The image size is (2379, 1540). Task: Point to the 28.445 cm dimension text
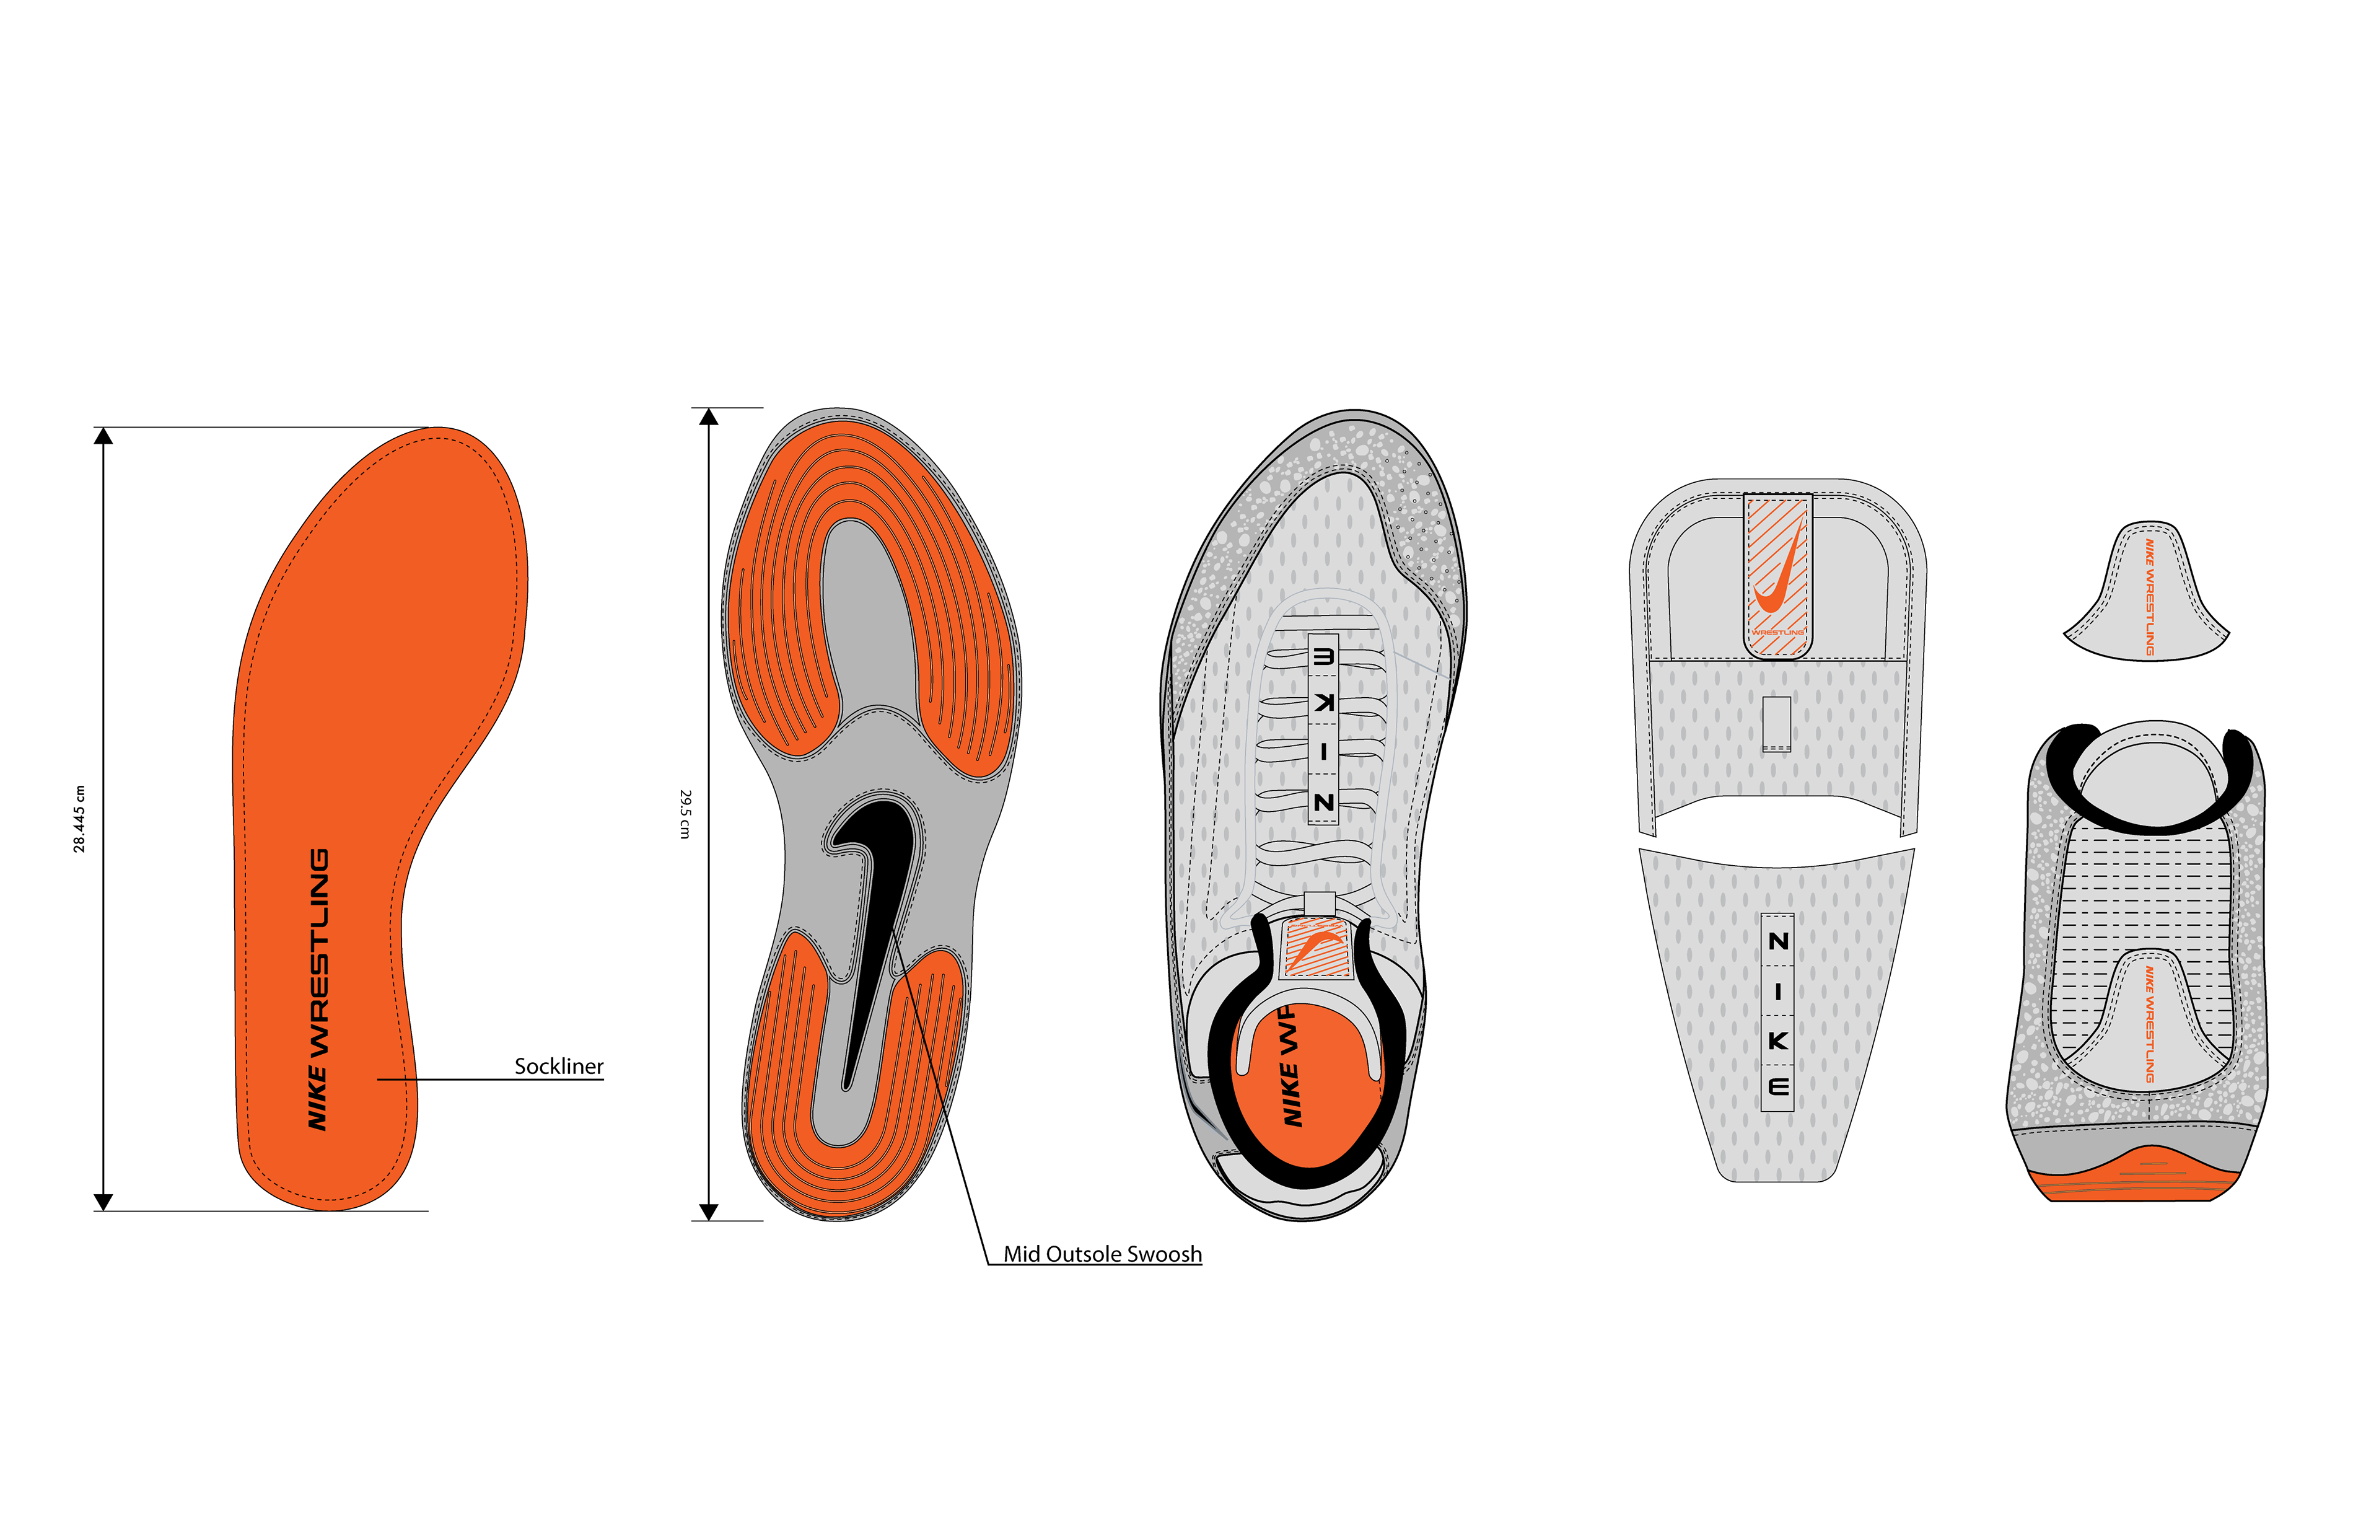pyautogui.click(x=79, y=818)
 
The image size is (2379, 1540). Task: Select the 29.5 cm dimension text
pyautogui.click(x=685, y=814)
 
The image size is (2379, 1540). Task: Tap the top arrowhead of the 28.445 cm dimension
pyautogui.click(x=103, y=436)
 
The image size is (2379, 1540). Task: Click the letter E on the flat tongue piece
pyautogui.click(x=1777, y=1087)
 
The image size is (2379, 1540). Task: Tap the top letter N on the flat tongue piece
pyautogui.click(x=1777, y=941)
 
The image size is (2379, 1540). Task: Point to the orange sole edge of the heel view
pyautogui.click(x=2139, y=1180)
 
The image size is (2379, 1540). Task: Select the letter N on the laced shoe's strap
pyautogui.click(x=1323, y=802)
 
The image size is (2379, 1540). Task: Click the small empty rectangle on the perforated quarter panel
pyautogui.click(x=1776, y=723)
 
